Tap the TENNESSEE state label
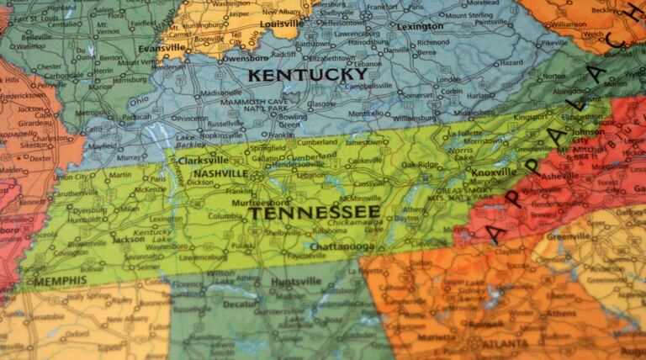click(315, 213)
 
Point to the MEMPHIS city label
click(60, 280)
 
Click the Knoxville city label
click(494, 172)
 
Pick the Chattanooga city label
click(342, 246)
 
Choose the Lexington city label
click(420, 27)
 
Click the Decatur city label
click(239, 304)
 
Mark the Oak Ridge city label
click(420, 165)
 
